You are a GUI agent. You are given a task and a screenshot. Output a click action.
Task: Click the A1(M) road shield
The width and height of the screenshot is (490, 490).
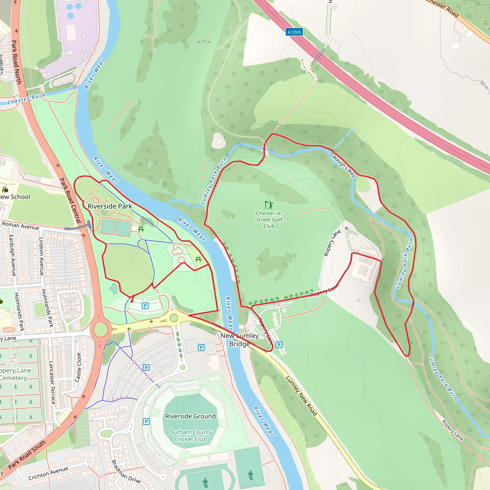pos(294,32)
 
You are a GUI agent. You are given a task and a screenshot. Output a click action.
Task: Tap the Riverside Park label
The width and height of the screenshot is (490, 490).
pos(110,206)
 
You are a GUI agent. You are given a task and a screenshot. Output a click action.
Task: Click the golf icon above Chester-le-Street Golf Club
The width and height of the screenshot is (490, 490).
pos(269,204)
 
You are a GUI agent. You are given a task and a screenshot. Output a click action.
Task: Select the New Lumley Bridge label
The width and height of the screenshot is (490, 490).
pos(240,340)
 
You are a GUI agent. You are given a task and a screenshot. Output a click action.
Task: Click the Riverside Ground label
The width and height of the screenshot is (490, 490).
pos(190,416)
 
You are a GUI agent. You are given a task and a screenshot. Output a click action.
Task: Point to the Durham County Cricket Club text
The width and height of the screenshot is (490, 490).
pos(190,435)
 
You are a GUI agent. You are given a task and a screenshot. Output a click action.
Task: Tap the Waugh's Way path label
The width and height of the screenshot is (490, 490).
pos(344,166)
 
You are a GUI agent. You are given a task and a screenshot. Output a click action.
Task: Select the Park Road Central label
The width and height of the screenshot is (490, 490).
pos(70,200)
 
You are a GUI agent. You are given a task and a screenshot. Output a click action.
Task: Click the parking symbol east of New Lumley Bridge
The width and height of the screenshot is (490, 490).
pos(279,345)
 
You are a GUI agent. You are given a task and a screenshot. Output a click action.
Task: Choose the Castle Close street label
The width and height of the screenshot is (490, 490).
pos(78,367)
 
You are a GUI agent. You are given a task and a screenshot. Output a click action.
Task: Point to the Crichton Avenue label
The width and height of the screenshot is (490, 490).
pos(48,473)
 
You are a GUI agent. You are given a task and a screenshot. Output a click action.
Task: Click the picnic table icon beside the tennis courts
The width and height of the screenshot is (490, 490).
pos(141,229)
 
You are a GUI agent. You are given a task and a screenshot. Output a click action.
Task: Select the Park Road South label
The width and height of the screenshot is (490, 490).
pos(27,455)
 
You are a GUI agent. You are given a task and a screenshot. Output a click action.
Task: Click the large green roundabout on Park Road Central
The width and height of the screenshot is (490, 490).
pos(101,329)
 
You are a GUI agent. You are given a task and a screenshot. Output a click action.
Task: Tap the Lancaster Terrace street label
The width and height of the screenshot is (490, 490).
pos(52,383)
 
